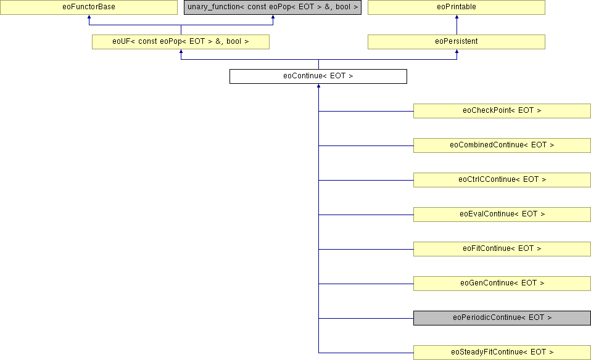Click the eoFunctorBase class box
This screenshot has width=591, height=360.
click(x=89, y=7)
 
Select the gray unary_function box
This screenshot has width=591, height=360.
click(x=273, y=7)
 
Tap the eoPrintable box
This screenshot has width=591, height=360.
click(x=457, y=7)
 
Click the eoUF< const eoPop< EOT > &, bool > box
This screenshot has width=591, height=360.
click(x=181, y=42)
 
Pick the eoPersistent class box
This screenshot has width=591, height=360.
click(x=457, y=42)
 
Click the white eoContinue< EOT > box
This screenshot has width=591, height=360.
click(x=318, y=76)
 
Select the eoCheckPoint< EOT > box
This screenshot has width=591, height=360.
click(x=502, y=111)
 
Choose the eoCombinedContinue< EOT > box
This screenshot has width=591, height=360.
click(x=502, y=145)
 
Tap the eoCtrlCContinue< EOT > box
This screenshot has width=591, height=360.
click(x=502, y=180)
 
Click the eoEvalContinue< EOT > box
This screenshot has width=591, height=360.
click(x=502, y=215)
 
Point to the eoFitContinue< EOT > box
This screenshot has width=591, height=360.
click(x=502, y=249)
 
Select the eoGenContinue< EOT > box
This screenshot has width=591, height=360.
click(x=502, y=284)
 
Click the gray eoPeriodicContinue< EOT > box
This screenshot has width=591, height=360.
click(x=502, y=318)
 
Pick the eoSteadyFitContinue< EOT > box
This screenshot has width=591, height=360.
click(x=502, y=353)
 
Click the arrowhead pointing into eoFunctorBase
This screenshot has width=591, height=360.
click(x=89, y=17)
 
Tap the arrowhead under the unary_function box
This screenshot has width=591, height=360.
click(x=273, y=17)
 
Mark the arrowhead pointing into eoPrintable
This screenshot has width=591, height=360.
click(x=457, y=17)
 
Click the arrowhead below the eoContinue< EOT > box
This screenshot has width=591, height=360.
click(x=318, y=86)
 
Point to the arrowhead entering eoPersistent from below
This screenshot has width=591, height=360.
click(x=457, y=52)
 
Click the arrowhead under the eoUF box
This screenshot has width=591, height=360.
click(x=181, y=52)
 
